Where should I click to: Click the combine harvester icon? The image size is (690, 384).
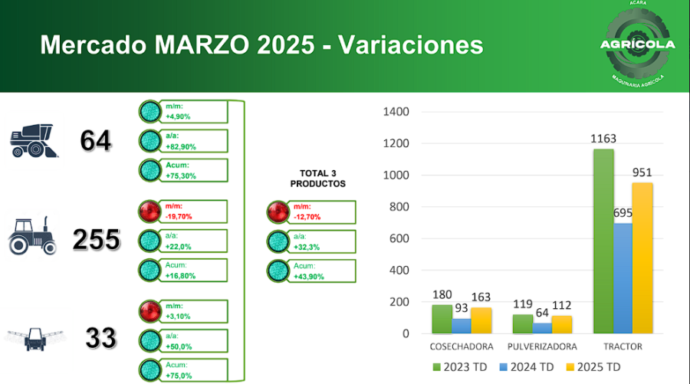point(34,141)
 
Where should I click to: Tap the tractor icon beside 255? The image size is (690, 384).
point(33,236)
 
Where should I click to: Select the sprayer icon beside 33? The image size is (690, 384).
point(34,338)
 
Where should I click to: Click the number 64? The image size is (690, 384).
point(97,141)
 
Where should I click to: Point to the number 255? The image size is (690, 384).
point(97,240)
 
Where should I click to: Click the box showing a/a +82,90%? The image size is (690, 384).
point(182,141)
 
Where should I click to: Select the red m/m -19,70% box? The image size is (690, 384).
point(182,212)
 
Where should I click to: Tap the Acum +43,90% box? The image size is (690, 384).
point(311,271)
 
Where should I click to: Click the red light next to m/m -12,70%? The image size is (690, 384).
point(278,212)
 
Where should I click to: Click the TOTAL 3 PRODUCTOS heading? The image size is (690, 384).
point(317,179)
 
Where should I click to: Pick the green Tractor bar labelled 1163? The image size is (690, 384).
point(603,241)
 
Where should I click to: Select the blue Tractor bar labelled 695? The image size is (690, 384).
point(623,278)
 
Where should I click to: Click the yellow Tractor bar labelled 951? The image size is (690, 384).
point(642,258)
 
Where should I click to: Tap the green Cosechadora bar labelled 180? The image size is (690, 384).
point(442,320)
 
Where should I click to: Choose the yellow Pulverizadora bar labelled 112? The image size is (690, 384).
point(562,324)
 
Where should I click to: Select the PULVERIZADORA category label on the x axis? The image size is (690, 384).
point(542,346)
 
